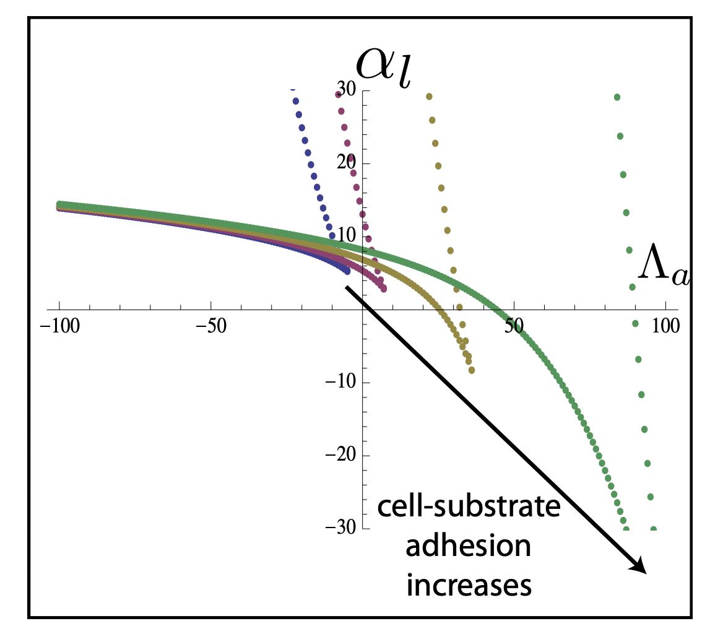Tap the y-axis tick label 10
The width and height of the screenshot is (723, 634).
coord(345,237)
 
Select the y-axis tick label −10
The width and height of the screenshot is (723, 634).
coord(340,382)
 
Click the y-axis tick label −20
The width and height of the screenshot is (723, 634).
coord(340,455)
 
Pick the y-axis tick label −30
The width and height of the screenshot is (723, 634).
coord(340,528)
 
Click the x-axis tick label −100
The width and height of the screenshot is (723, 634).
coord(59,326)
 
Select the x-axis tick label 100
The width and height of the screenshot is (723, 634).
coord(665,326)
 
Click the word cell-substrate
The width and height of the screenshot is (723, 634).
coord(469,508)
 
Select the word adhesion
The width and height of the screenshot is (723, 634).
coord(469,547)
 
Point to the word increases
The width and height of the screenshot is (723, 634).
coord(469,585)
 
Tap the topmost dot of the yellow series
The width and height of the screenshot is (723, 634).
coord(429,97)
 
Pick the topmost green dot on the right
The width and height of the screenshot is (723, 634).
coord(617,97)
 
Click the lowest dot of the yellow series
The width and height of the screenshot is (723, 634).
coord(472,370)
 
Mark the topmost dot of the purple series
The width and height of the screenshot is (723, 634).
coord(338,95)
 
